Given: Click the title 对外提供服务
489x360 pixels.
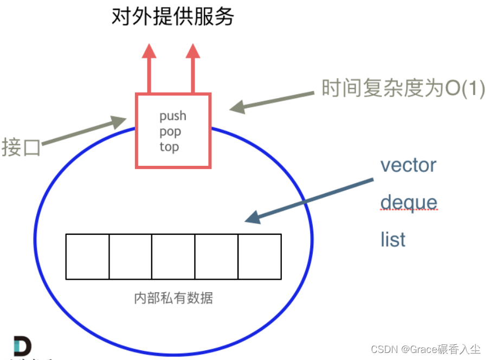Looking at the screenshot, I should pos(172,17).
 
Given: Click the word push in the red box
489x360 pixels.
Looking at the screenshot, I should pos(172,115).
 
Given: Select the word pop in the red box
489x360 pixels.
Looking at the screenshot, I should pos(170,132).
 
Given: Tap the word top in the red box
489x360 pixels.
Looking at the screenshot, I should pos(169,147).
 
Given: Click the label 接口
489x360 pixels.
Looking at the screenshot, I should pos(21,147).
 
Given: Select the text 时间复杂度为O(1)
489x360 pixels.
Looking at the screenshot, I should pos(403,88).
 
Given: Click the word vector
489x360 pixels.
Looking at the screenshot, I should pos(408,165).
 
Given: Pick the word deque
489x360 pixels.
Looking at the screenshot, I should pos(408,202).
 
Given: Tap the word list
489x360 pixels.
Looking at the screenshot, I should pos(393,239).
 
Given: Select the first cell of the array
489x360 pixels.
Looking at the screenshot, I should pos(87,256).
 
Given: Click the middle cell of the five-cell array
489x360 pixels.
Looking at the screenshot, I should pos(173,256).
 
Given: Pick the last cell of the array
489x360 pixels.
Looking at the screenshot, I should pos(259,256).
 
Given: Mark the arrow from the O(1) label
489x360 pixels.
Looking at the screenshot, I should pos(271,101).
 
